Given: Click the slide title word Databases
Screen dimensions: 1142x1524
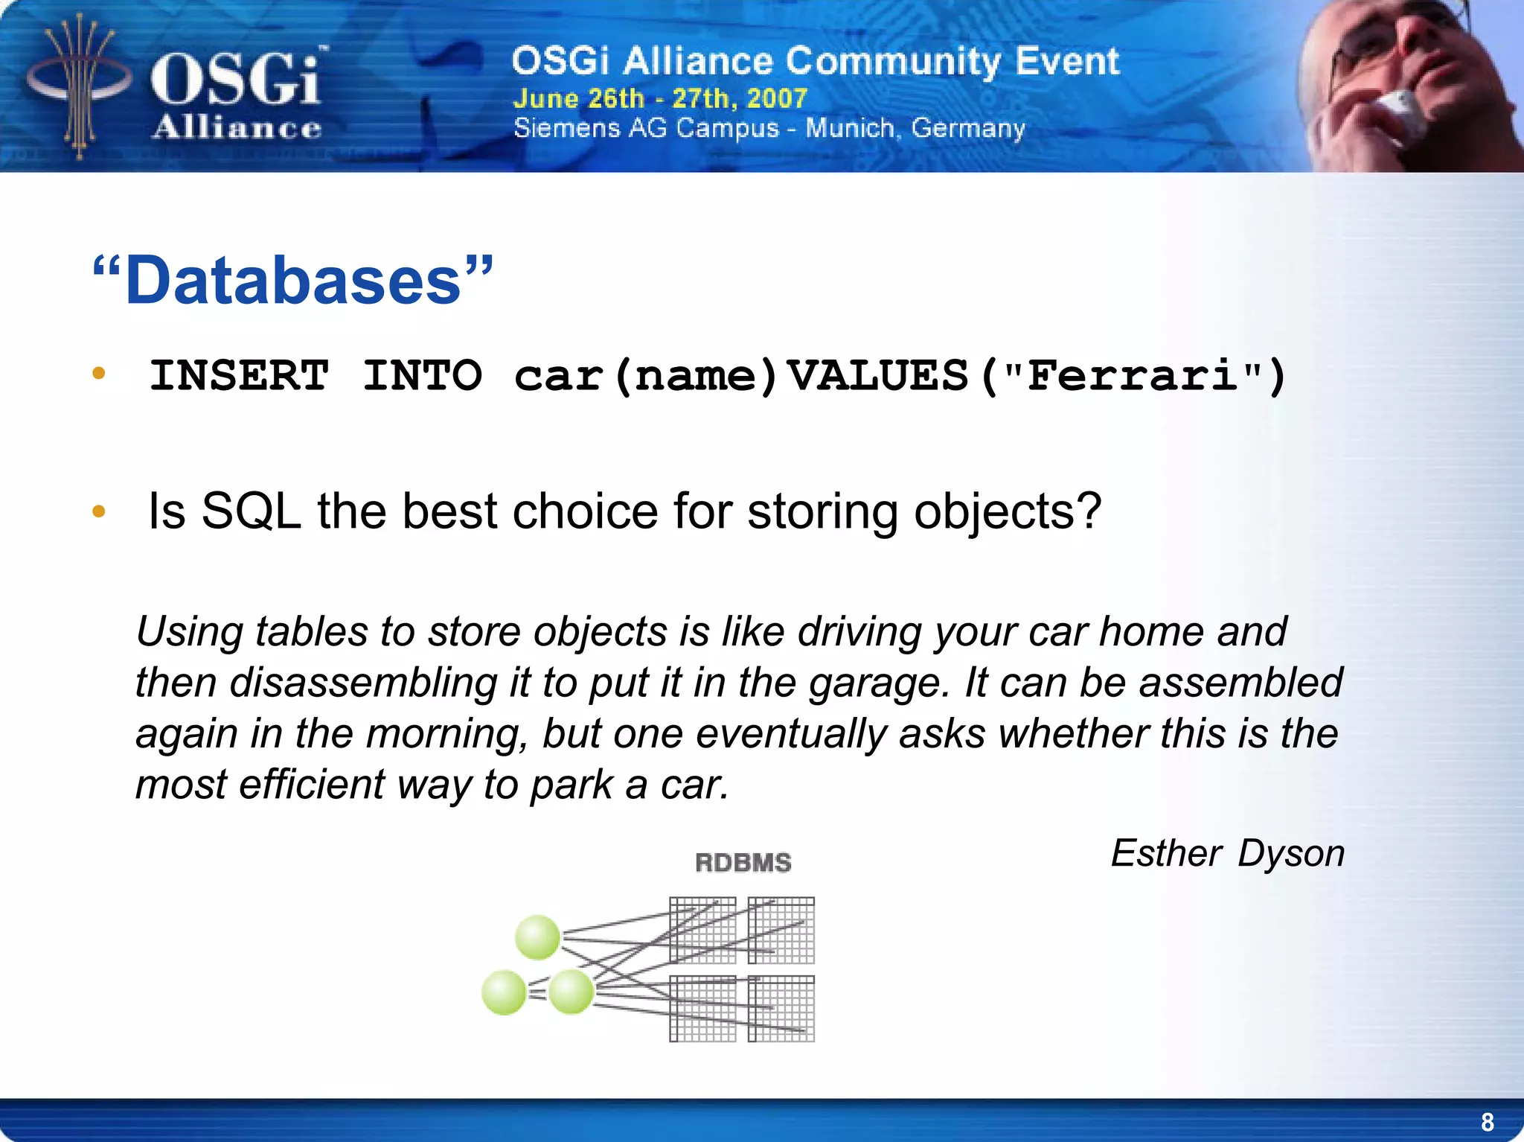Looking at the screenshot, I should click(293, 281).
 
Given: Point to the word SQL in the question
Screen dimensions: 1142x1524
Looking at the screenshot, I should click(251, 512).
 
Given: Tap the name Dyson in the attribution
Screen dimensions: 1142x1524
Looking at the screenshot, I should click(1291, 853).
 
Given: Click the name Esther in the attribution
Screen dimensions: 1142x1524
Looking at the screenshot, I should click(1166, 853).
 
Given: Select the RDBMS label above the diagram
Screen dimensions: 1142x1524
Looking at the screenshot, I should click(743, 863).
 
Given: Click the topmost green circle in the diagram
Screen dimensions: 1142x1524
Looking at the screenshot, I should click(537, 937).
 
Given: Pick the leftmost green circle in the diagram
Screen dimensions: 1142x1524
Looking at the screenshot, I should click(504, 992).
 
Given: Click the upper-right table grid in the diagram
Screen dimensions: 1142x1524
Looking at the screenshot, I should click(781, 931).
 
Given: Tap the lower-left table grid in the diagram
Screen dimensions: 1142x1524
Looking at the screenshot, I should click(702, 1009).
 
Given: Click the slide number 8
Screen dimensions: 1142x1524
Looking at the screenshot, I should click(1487, 1121).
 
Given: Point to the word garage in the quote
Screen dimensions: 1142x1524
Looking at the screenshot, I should click(878, 683).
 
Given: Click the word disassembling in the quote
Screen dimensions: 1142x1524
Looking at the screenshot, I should click(363, 683).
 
